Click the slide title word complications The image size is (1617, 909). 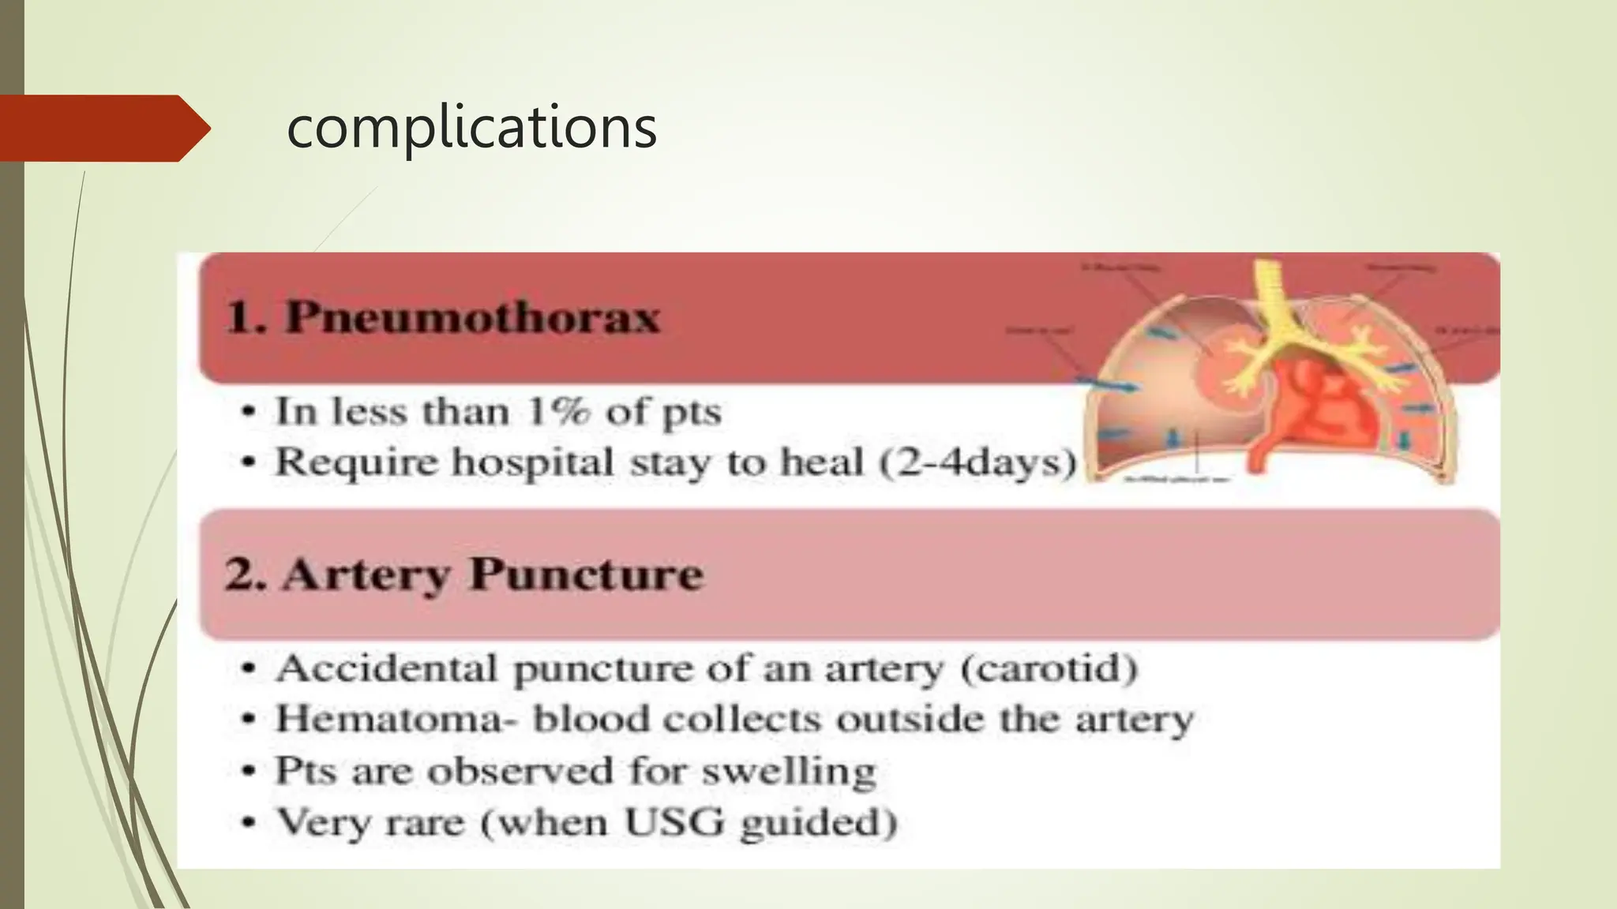pos(471,127)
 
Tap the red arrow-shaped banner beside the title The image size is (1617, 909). pos(103,128)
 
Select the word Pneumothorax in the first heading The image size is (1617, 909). pos(472,317)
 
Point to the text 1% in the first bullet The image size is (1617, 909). pos(558,411)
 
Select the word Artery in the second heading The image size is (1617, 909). pos(366,574)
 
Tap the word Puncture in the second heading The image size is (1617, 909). pos(586,574)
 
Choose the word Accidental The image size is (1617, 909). pos(387,668)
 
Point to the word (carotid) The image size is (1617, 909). pos(1049,668)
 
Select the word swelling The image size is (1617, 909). pos(789,771)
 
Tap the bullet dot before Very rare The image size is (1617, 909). pos(249,823)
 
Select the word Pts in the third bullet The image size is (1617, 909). pos(305,771)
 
